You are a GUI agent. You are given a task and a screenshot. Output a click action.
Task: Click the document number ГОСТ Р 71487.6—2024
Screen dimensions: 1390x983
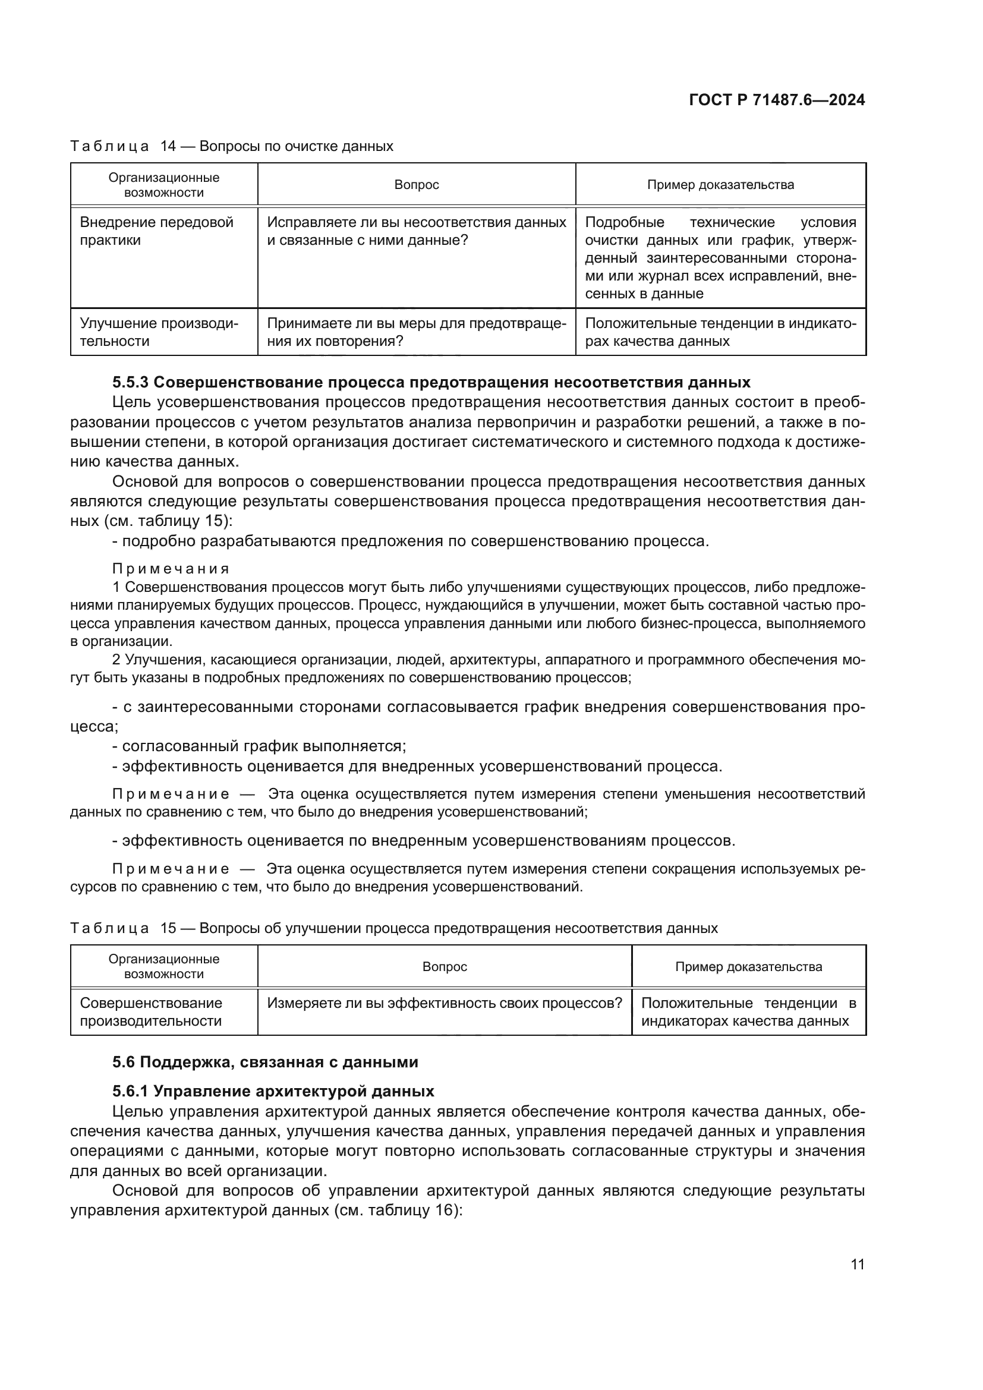[x=777, y=100]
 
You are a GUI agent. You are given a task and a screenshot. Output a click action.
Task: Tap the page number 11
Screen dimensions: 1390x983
[x=857, y=1264]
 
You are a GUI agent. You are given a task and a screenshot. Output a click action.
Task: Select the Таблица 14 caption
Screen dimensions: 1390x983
[x=232, y=146]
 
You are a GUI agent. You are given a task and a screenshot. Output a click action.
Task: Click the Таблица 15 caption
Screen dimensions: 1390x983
[x=393, y=928]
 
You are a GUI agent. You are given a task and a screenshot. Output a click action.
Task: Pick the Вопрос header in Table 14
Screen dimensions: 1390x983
[x=417, y=185]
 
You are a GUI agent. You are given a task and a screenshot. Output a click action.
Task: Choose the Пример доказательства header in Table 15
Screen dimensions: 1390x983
[x=748, y=966]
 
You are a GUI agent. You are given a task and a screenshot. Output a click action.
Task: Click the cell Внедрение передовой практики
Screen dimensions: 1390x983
[x=157, y=231]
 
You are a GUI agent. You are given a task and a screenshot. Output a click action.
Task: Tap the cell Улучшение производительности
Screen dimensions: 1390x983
[x=159, y=332]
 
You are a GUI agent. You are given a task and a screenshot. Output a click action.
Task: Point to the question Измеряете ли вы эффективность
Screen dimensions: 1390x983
[x=445, y=1003]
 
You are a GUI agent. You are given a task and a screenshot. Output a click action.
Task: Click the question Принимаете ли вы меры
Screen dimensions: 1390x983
[x=417, y=332]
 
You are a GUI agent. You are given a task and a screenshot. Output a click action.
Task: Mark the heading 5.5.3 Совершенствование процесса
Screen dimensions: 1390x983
[x=431, y=382]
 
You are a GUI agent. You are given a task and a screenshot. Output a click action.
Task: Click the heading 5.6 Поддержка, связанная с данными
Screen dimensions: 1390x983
[x=265, y=1062]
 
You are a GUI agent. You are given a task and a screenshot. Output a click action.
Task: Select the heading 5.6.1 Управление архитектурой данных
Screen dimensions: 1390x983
[x=273, y=1091]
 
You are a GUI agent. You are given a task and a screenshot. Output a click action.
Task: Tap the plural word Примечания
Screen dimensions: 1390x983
[x=171, y=569]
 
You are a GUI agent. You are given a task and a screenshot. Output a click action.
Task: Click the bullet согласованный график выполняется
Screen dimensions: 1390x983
[x=260, y=746]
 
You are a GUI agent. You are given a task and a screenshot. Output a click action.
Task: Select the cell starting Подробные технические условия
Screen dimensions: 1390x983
[x=720, y=258]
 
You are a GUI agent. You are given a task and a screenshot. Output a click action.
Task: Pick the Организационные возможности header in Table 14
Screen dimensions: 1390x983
[x=164, y=185]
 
